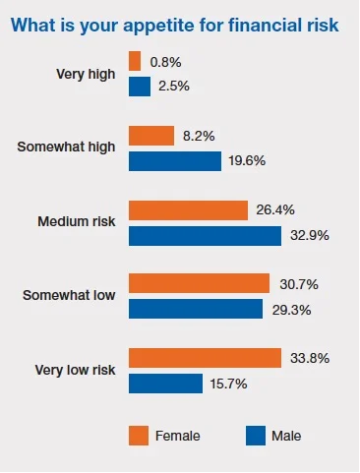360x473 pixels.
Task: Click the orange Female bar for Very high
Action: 135,61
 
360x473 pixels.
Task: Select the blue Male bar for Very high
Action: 140,87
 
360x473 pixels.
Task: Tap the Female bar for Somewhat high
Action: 151,136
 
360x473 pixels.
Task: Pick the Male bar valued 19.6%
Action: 175,161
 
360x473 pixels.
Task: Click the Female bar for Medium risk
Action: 188,210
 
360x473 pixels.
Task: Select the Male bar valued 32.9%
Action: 206,236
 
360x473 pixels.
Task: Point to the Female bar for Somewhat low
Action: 200,283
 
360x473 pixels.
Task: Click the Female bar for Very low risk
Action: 206,358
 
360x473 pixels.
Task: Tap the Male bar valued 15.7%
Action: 165,384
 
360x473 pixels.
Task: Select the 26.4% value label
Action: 275,210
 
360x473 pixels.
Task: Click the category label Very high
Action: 88,74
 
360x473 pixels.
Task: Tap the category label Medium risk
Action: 77,222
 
